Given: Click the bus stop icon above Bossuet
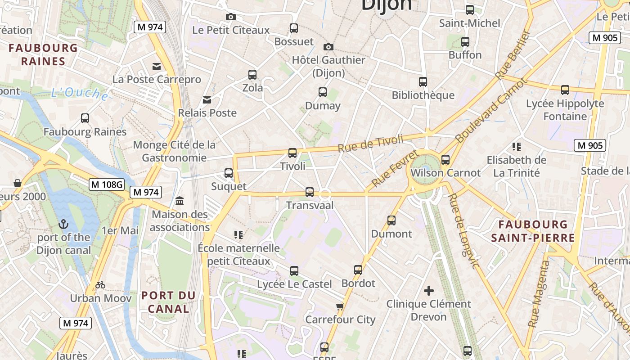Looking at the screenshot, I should coord(294,28).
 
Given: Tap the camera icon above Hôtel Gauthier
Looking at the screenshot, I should coord(328,47).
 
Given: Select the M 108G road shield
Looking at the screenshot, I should coord(106,184).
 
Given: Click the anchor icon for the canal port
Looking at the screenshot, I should coord(64,224).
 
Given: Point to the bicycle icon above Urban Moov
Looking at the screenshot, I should coord(100,285).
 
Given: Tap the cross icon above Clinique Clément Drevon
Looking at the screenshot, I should coord(429,290).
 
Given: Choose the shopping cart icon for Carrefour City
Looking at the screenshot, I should coord(340,306).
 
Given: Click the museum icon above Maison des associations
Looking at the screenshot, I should coord(180,200).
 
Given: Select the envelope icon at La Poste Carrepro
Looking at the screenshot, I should coord(157,67).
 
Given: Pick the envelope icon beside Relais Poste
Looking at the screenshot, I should coord(207,99).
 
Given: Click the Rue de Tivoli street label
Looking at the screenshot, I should coord(370,143).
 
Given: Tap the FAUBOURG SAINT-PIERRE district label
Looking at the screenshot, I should coord(533,231).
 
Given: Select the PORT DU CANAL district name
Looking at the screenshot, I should coord(168,302).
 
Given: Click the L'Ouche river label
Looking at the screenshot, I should coord(79,93).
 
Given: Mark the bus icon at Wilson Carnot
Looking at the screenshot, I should coord(445,159).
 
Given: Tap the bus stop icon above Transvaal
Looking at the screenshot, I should coord(310,192).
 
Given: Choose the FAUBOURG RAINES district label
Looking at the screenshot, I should coord(43,54).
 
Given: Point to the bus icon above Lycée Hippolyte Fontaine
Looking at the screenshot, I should coord(565,90).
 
